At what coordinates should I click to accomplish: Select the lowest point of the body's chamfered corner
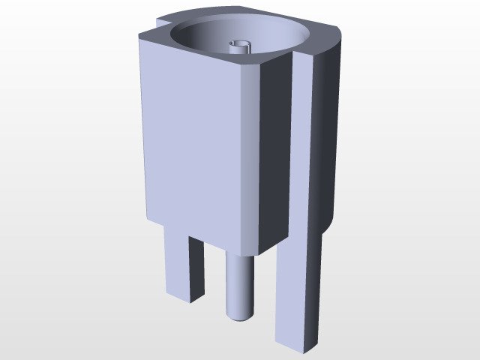click(x=256, y=256)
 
